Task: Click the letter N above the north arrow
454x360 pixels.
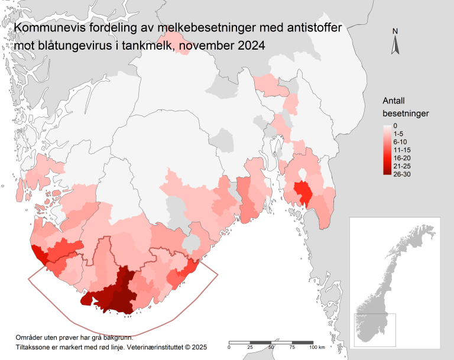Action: click(x=395, y=31)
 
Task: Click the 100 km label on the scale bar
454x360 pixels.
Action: click(x=317, y=348)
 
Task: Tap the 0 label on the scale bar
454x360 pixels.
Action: click(x=229, y=348)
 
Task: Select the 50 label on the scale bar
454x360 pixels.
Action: click(x=271, y=348)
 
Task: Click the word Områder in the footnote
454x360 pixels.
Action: click(x=30, y=336)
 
